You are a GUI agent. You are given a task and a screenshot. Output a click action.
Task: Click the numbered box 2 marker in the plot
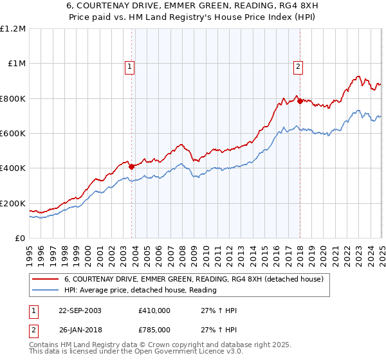point(299,65)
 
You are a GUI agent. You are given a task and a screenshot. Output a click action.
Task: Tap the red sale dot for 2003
point(132,166)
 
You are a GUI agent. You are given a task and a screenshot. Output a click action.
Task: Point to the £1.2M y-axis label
point(13,29)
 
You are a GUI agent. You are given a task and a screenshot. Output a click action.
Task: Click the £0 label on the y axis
point(19,239)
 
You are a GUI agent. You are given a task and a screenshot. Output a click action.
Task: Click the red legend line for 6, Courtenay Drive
point(46,279)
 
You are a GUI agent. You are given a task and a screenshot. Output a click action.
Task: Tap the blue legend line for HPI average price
point(46,290)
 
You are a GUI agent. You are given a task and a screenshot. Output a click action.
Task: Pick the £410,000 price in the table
point(154,310)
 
